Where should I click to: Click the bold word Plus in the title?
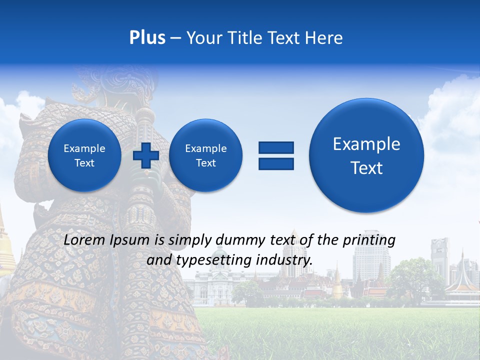pos(147,38)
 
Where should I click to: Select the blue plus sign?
pos(145,155)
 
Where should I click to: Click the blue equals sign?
pos(276,155)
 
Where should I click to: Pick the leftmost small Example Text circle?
pos(84,155)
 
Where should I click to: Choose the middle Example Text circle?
pos(205,155)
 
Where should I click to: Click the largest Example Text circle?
pos(366,155)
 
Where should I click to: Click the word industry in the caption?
pos(287,260)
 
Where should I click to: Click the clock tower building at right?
pos(440,260)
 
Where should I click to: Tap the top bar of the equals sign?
pos(276,147)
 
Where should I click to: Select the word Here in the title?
pos(325,38)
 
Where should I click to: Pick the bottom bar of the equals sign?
pos(276,163)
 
